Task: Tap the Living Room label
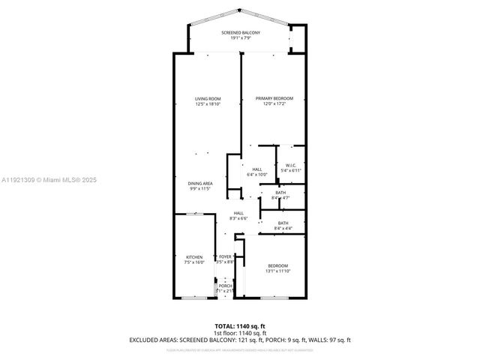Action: pos(208,99)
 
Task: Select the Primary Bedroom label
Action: pos(274,99)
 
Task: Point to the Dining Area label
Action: pos(200,183)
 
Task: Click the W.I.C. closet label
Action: pos(290,166)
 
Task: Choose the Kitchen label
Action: pos(194,257)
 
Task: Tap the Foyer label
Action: pos(225,256)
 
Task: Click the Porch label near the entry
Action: pos(225,286)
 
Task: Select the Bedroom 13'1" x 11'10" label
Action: pos(277,265)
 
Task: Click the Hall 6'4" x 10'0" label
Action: pos(256,169)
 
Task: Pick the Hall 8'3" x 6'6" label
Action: pos(238,214)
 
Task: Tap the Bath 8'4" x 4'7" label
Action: pos(280,193)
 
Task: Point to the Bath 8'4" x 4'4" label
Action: pos(283,223)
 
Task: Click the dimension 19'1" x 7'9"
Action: pos(240,39)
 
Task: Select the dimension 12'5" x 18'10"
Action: pos(208,104)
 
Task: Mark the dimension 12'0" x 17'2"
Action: pos(274,104)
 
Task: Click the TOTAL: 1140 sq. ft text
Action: pos(240,326)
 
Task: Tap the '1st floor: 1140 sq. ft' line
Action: pos(240,333)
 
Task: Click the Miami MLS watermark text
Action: pos(49,180)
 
